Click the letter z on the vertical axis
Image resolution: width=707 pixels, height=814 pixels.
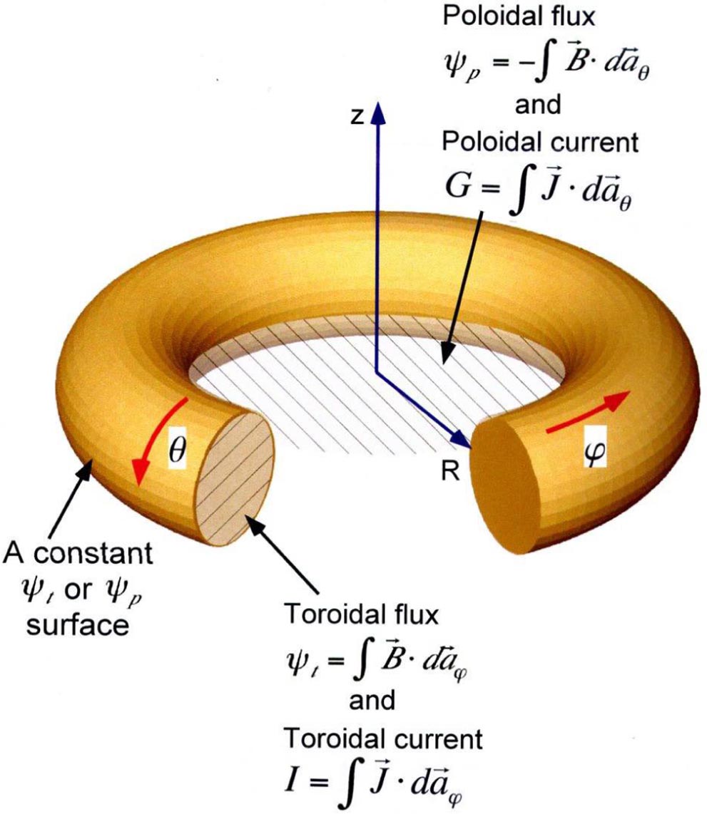pos(359,118)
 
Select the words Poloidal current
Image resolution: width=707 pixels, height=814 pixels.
pos(539,143)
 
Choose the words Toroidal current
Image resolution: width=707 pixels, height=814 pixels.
pos(383,738)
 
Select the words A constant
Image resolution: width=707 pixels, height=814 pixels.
pos(79,552)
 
